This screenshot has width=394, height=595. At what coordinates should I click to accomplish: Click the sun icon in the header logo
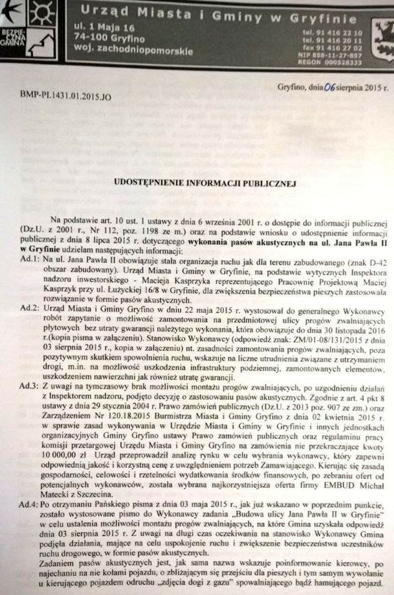[42, 13]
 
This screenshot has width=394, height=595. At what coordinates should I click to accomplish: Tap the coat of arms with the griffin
[383, 39]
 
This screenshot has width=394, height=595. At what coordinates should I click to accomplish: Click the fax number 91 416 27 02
[332, 48]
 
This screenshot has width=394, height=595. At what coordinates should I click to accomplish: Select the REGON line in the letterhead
[330, 62]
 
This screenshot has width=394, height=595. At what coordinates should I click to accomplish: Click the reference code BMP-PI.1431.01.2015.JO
[65, 96]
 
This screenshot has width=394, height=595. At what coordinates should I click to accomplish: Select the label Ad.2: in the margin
[30, 308]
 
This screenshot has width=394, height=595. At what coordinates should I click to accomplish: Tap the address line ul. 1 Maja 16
[104, 27]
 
